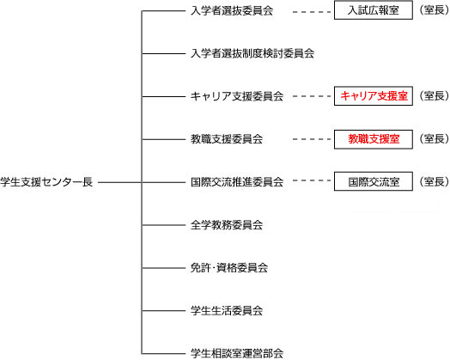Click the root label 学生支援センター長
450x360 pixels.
46,182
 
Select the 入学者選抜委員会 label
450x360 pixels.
232,11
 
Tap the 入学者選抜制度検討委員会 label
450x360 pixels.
252,53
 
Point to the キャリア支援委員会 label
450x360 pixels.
237,96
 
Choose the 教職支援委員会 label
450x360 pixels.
227,139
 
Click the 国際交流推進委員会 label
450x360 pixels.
237,182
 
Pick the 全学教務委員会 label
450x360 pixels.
227,225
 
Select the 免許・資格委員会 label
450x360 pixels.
229,268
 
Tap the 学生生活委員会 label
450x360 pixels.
227,311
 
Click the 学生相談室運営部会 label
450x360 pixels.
237,353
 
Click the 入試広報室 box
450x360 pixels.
374,10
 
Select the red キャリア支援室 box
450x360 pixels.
374,96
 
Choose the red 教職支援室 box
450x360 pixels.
374,139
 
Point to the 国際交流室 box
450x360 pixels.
374,181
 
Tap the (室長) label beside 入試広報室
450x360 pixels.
434,10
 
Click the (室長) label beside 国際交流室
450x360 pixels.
434,181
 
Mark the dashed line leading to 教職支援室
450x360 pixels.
312,139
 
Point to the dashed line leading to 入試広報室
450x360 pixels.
312,12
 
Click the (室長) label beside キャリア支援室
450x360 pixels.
434,96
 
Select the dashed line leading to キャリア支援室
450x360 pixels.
312,96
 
